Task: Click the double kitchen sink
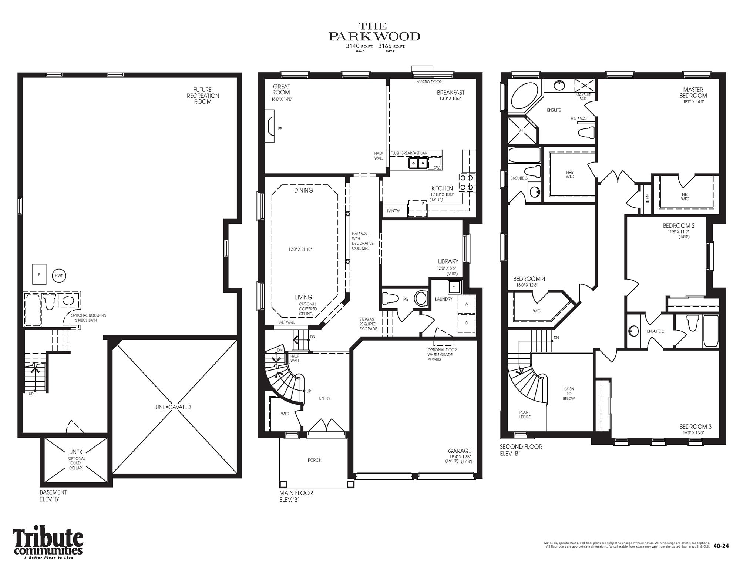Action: pyautogui.click(x=418, y=163)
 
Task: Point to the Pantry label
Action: pyautogui.click(x=393, y=211)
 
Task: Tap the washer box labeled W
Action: pyautogui.click(x=466, y=304)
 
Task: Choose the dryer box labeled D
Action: pyautogui.click(x=466, y=323)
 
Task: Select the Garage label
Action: pyautogui.click(x=460, y=451)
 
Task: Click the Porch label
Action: pyautogui.click(x=314, y=460)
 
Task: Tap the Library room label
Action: pyautogui.click(x=448, y=261)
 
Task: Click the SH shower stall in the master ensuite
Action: pyautogui.click(x=521, y=130)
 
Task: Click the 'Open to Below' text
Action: pyautogui.click(x=569, y=394)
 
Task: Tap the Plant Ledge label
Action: pyautogui.click(x=525, y=414)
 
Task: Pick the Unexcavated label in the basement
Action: pyautogui.click(x=173, y=407)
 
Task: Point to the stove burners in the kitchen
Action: pyautogui.click(x=466, y=183)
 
